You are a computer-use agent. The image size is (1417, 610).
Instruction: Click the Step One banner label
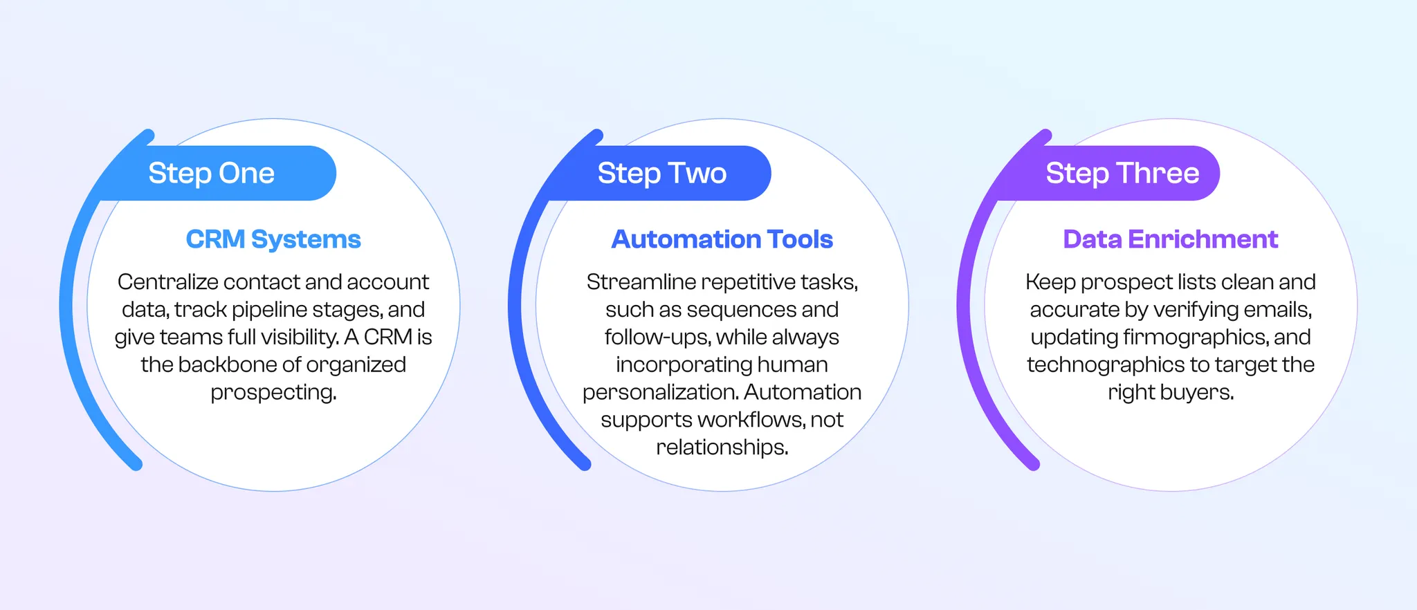point(211,173)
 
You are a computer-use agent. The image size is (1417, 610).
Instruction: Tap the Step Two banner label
point(661,173)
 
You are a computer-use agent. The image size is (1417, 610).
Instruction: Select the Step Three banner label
point(1122,173)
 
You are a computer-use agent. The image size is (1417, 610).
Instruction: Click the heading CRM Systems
point(273,239)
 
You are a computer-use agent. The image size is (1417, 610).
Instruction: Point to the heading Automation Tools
point(722,239)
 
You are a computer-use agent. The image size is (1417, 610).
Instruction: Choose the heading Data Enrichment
point(1170,239)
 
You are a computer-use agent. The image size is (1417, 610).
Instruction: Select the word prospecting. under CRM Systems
point(273,392)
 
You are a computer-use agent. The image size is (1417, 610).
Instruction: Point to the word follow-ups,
point(657,338)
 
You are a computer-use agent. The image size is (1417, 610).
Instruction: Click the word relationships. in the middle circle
point(722,447)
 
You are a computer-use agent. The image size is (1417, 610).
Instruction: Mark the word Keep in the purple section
point(1050,282)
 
